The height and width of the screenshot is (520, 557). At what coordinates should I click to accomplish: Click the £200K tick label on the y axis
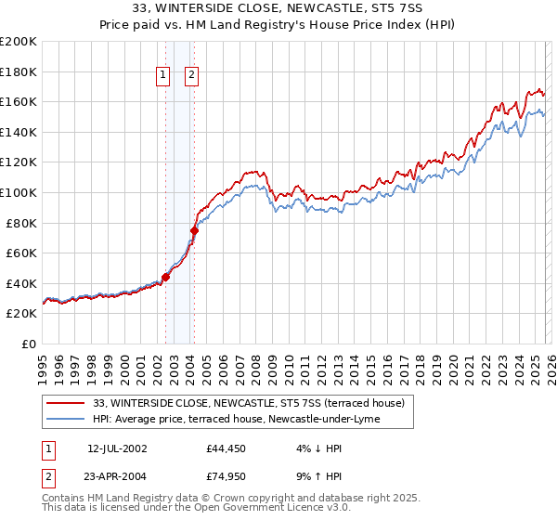(19, 42)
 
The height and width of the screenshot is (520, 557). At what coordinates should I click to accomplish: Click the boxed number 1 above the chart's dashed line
(163, 75)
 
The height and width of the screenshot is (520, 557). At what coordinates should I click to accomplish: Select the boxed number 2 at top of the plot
(191, 75)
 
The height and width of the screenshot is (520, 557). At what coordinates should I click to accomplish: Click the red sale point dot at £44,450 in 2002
(166, 277)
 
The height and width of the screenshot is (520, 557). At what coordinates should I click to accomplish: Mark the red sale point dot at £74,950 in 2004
(195, 230)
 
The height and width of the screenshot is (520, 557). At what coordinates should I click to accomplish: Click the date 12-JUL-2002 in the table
(117, 448)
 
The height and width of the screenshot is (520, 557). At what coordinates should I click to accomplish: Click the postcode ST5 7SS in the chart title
(395, 7)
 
